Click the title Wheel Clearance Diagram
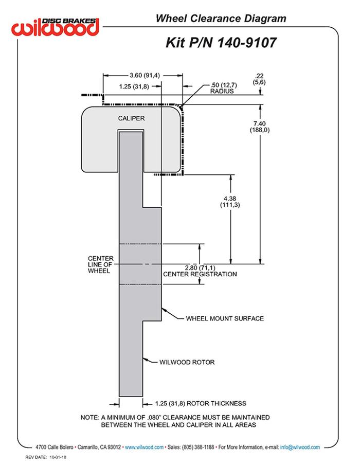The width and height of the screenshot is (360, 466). tap(221, 19)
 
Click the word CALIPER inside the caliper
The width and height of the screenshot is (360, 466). tap(131, 118)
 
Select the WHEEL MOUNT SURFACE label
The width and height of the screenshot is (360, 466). tap(225, 318)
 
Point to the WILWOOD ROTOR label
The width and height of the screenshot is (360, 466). tap(187, 362)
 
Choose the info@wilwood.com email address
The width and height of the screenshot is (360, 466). tap(300, 447)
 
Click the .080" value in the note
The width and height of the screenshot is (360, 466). tap(161, 417)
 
